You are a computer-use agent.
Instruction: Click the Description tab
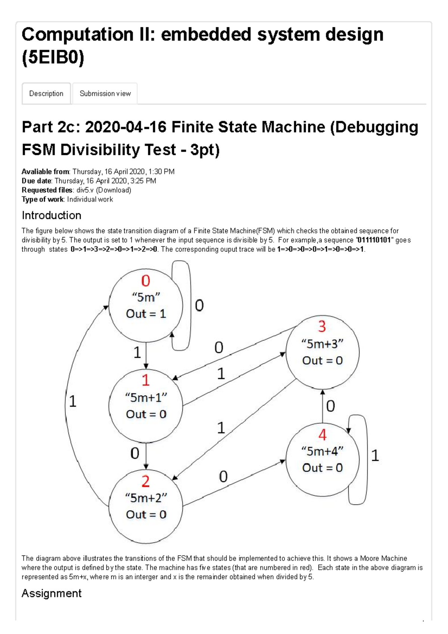(x=46, y=93)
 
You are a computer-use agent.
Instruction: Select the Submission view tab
(x=105, y=93)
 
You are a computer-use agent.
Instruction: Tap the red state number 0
(x=146, y=281)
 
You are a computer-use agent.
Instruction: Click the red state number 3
(x=322, y=327)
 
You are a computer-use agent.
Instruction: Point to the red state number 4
(x=322, y=435)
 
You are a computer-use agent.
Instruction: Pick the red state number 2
(x=146, y=482)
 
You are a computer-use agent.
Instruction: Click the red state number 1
(x=146, y=380)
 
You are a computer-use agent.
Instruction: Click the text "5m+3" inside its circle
(x=322, y=344)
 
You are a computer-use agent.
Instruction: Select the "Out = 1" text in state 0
(x=146, y=314)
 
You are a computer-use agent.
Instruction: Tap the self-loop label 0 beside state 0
(x=199, y=306)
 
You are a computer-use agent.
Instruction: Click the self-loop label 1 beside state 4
(x=375, y=456)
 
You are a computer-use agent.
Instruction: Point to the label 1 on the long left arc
(x=73, y=401)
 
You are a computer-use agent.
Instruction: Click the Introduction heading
(x=52, y=215)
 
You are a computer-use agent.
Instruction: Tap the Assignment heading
(x=52, y=593)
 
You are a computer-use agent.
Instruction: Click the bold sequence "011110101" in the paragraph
(x=374, y=240)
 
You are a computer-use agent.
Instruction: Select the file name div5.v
(x=85, y=190)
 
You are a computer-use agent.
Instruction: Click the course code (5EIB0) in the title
(x=53, y=58)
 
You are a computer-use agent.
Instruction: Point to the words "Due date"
(x=36, y=181)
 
